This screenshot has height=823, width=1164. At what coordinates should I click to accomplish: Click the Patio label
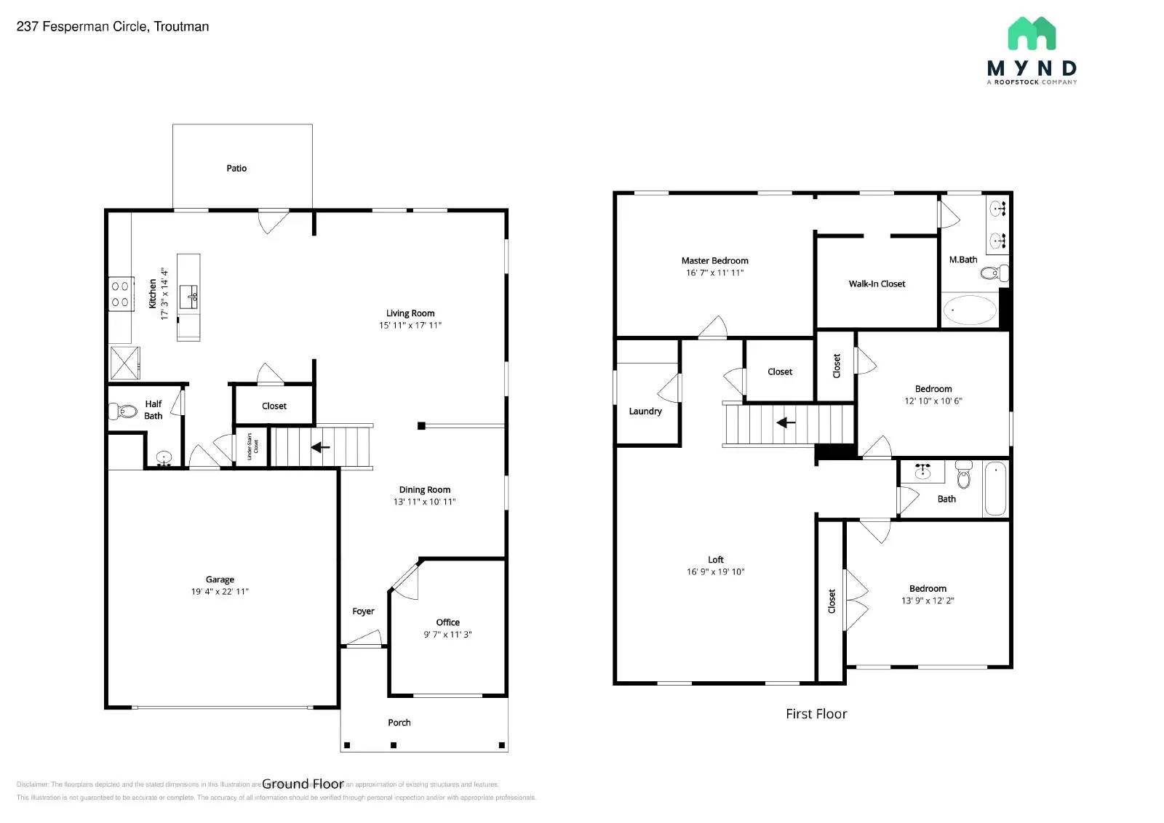(236, 168)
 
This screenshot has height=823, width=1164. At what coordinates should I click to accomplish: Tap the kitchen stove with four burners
(121, 294)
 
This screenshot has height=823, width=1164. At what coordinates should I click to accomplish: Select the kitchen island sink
(190, 297)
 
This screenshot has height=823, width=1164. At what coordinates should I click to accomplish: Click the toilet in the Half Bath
(124, 411)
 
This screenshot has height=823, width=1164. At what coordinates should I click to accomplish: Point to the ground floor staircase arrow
(320, 447)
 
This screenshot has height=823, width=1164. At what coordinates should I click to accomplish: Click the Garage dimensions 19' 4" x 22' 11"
(220, 592)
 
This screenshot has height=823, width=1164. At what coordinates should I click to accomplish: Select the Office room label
(447, 622)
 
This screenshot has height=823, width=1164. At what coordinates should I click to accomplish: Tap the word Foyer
(363, 611)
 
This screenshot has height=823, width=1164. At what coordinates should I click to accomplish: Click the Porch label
(399, 723)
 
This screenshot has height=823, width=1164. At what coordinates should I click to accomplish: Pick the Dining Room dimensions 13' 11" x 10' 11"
(424, 502)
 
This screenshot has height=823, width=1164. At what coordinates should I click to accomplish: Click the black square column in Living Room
(421, 426)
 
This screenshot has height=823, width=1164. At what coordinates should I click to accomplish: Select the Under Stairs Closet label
(252, 446)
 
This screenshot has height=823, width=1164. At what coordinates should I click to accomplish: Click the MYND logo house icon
(1032, 33)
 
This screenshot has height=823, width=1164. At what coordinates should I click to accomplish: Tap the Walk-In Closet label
(877, 284)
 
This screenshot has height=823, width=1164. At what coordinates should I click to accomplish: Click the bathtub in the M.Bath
(970, 310)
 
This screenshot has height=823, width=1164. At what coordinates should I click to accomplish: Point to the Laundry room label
(645, 411)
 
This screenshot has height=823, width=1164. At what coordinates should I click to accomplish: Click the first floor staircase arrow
(786, 422)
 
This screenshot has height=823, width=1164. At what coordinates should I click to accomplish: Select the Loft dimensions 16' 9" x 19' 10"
(715, 572)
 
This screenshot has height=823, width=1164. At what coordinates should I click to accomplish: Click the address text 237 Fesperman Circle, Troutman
(113, 27)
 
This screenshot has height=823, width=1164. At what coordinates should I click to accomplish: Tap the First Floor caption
(816, 714)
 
